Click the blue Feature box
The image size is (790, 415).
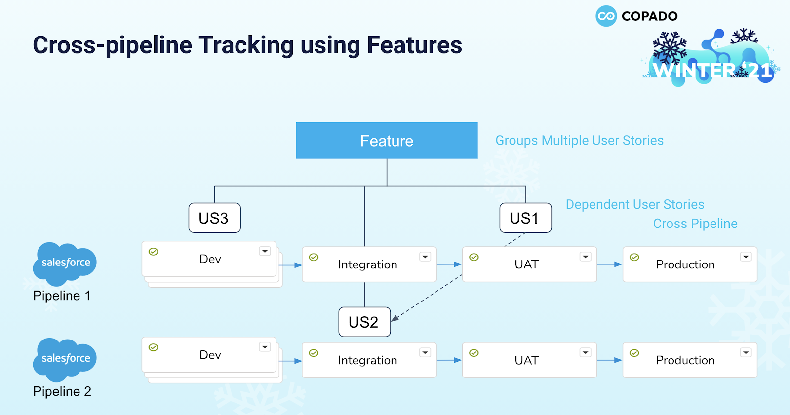point(387,140)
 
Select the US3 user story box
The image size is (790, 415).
point(214,218)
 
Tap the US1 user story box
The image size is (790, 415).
point(525,218)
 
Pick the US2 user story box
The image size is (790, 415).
point(364,322)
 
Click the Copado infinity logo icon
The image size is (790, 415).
point(606,16)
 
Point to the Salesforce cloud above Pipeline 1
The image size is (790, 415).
point(65,264)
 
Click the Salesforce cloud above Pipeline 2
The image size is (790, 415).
point(65,360)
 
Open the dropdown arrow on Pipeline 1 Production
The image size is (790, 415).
point(746,257)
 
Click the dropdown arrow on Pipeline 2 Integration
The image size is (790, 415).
point(425,353)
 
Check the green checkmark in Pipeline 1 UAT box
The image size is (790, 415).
point(474,257)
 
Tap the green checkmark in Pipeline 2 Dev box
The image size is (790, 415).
point(154,347)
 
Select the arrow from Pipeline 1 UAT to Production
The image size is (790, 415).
point(609,264)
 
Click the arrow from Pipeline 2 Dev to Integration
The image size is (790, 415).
point(290,361)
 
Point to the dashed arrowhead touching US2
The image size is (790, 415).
point(395,318)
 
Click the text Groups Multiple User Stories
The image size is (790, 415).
point(580,140)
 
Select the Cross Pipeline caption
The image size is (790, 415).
point(695,224)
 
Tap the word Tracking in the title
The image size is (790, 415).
point(246,45)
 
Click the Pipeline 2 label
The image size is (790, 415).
point(62,391)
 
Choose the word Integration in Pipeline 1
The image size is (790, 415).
point(367,264)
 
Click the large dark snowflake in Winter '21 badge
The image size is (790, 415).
point(670,48)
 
